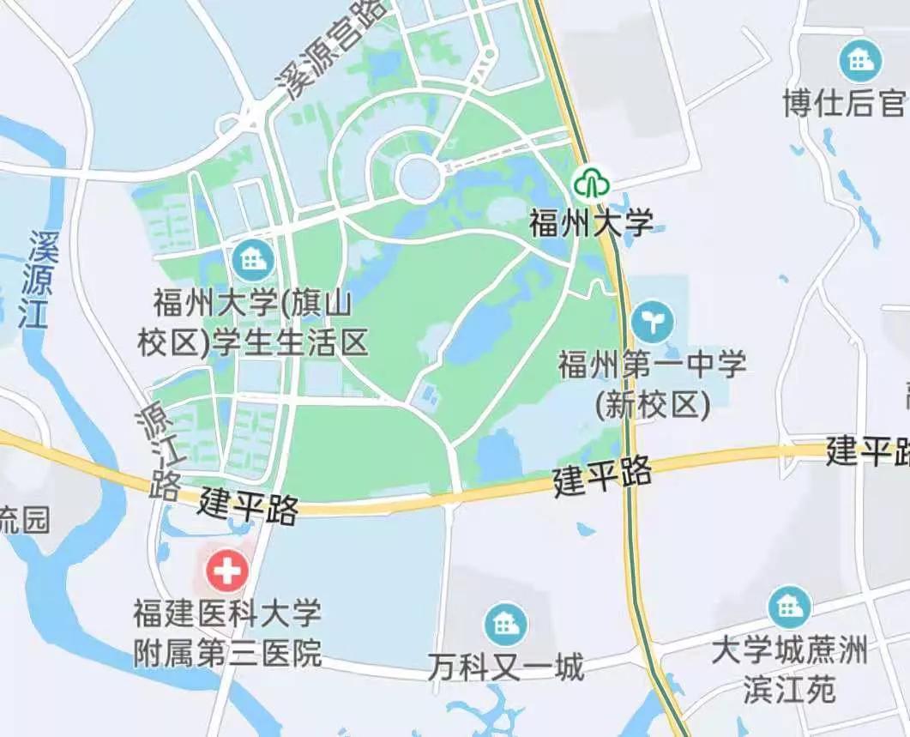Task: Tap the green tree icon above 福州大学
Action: pyautogui.click(x=591, y=182)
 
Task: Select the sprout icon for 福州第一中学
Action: pyautogui.click(x=653, y=322)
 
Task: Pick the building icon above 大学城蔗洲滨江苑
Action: pyautogui.click(x=789, y=607)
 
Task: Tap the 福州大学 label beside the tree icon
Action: pyautogui.click(x=591, y=223)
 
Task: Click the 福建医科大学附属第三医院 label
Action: pyautogui.click(x=227, y=633)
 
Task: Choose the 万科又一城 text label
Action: pyautogui.click(x=505, y=667)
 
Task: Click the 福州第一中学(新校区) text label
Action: pyautogui.click(x=653, y=384)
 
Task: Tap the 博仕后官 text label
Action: pyautogui.click(x=845, y=104)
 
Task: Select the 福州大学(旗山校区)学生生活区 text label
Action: pyautogui.click(x=253, y=323)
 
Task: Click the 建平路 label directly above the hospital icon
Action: pyautogui.click(x=249, y=507)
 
